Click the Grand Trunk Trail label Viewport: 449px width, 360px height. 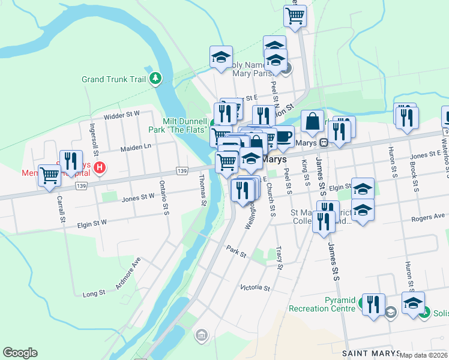114,79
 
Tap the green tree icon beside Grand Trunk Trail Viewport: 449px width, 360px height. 156,78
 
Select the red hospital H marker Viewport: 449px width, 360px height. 100,167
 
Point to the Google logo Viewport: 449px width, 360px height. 20,353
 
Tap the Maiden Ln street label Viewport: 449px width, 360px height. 135,146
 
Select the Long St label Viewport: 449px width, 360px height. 94,293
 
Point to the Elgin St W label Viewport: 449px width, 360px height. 91,223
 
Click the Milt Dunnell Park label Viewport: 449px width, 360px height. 178,125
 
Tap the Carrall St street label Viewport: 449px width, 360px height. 61,208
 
